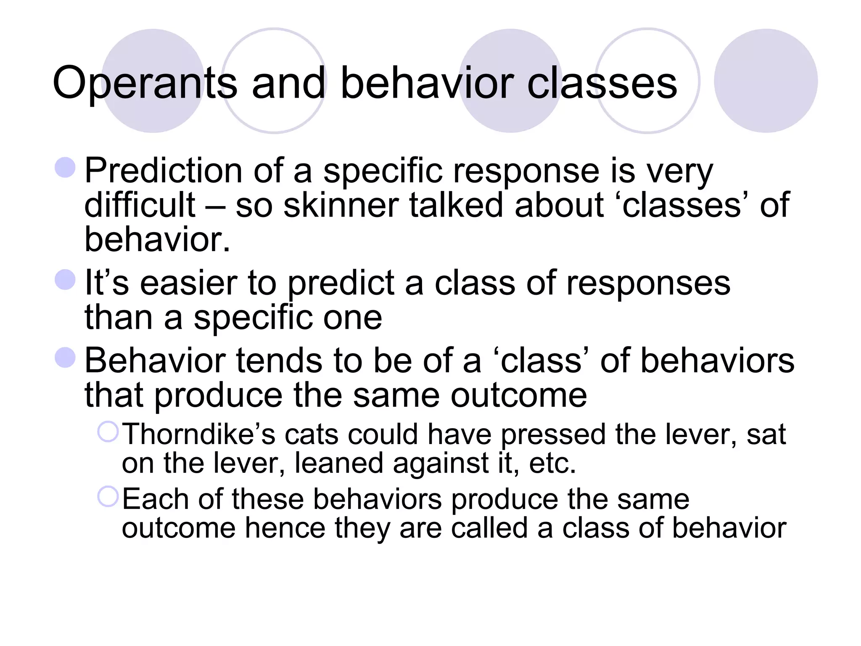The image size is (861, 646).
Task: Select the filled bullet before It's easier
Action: (65, 280)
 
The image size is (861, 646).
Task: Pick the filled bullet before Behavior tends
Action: (65, 357)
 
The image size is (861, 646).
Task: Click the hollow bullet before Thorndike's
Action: (108, 432)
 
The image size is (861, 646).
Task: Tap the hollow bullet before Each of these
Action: (108, 497)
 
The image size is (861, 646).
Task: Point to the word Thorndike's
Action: (198, 434)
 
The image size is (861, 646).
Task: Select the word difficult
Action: (140, 205)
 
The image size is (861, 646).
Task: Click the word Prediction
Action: (163, 171)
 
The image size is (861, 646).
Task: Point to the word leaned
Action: (339, 463)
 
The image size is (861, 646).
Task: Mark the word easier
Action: (188, 283)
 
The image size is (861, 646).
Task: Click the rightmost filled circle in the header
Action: (766, 81)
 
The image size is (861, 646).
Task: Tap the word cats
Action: (311, 434)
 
